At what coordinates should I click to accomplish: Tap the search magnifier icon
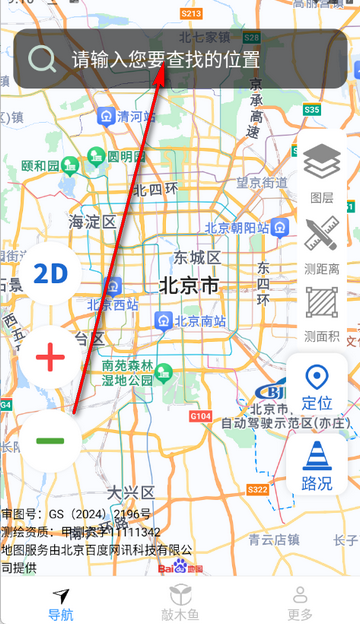click(43, 59)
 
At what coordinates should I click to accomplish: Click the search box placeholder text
click(166, 59)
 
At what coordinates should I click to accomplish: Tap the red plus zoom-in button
click(50, 356)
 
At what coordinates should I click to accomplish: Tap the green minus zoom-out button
click(50, 440)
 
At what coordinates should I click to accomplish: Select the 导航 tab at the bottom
click(61, 601)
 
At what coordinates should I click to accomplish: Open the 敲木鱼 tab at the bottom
click(180, 601)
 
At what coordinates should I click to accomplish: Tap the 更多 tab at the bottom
click(299, 601)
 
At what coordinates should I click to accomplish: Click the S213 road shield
click(191, 13)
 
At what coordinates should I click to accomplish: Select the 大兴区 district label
click(131, 492)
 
